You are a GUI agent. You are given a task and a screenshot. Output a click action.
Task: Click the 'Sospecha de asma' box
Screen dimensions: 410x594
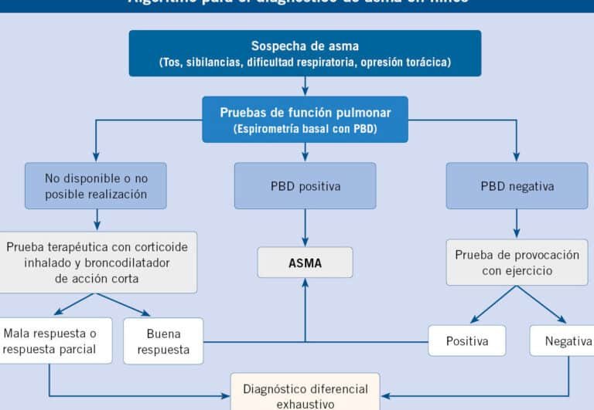(x=305, y=53)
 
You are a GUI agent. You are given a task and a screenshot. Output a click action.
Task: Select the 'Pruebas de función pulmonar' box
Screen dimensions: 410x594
(x=305, y=120)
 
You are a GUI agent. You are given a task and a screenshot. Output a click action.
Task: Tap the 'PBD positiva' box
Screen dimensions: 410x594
(x=305, y=186)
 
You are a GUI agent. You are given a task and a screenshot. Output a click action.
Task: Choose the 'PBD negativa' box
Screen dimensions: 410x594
(x=517, y=186)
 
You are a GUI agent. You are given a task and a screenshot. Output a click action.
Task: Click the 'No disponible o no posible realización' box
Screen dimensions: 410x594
(x=96, y=186)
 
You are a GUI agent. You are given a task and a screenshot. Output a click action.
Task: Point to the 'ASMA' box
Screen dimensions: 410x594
(x=305, y=263)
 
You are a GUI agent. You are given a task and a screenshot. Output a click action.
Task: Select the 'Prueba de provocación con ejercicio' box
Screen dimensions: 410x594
(x=517, y=263)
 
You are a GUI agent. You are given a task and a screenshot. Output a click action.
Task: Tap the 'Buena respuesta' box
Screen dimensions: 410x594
(x=163, y=341)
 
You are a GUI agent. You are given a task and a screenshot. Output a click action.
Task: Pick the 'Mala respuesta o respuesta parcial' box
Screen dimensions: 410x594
(x=51, y=341)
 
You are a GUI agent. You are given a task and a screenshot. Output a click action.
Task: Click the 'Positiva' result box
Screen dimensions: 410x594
(x=467, y=341)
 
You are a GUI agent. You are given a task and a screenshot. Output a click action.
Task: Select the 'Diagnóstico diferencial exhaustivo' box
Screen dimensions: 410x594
(x=305, y=395)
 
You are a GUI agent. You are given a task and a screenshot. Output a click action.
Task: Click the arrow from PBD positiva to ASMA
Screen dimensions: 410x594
(x=305, y=228)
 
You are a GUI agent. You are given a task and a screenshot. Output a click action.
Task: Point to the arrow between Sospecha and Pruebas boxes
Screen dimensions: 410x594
(x=305, y=86)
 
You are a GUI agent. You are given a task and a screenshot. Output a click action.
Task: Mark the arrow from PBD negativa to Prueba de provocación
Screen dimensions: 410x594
(x=517, y=224)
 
